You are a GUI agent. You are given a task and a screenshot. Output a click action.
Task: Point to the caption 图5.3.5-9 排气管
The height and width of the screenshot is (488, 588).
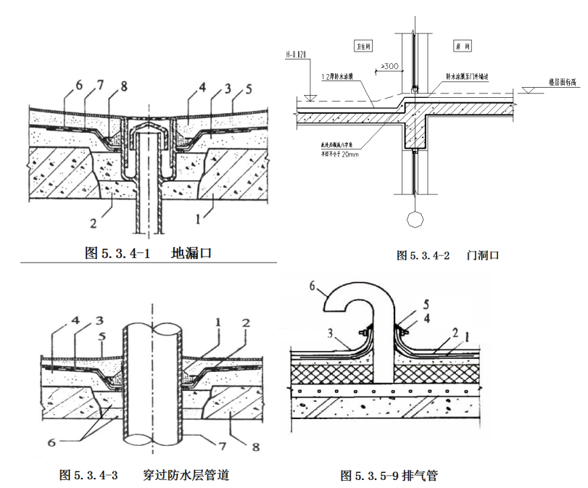pos(389,476)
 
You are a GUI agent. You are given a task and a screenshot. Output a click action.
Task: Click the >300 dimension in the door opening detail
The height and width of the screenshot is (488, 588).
pos(389,67)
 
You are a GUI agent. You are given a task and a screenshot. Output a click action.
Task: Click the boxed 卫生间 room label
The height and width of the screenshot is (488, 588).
pos(360,44)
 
